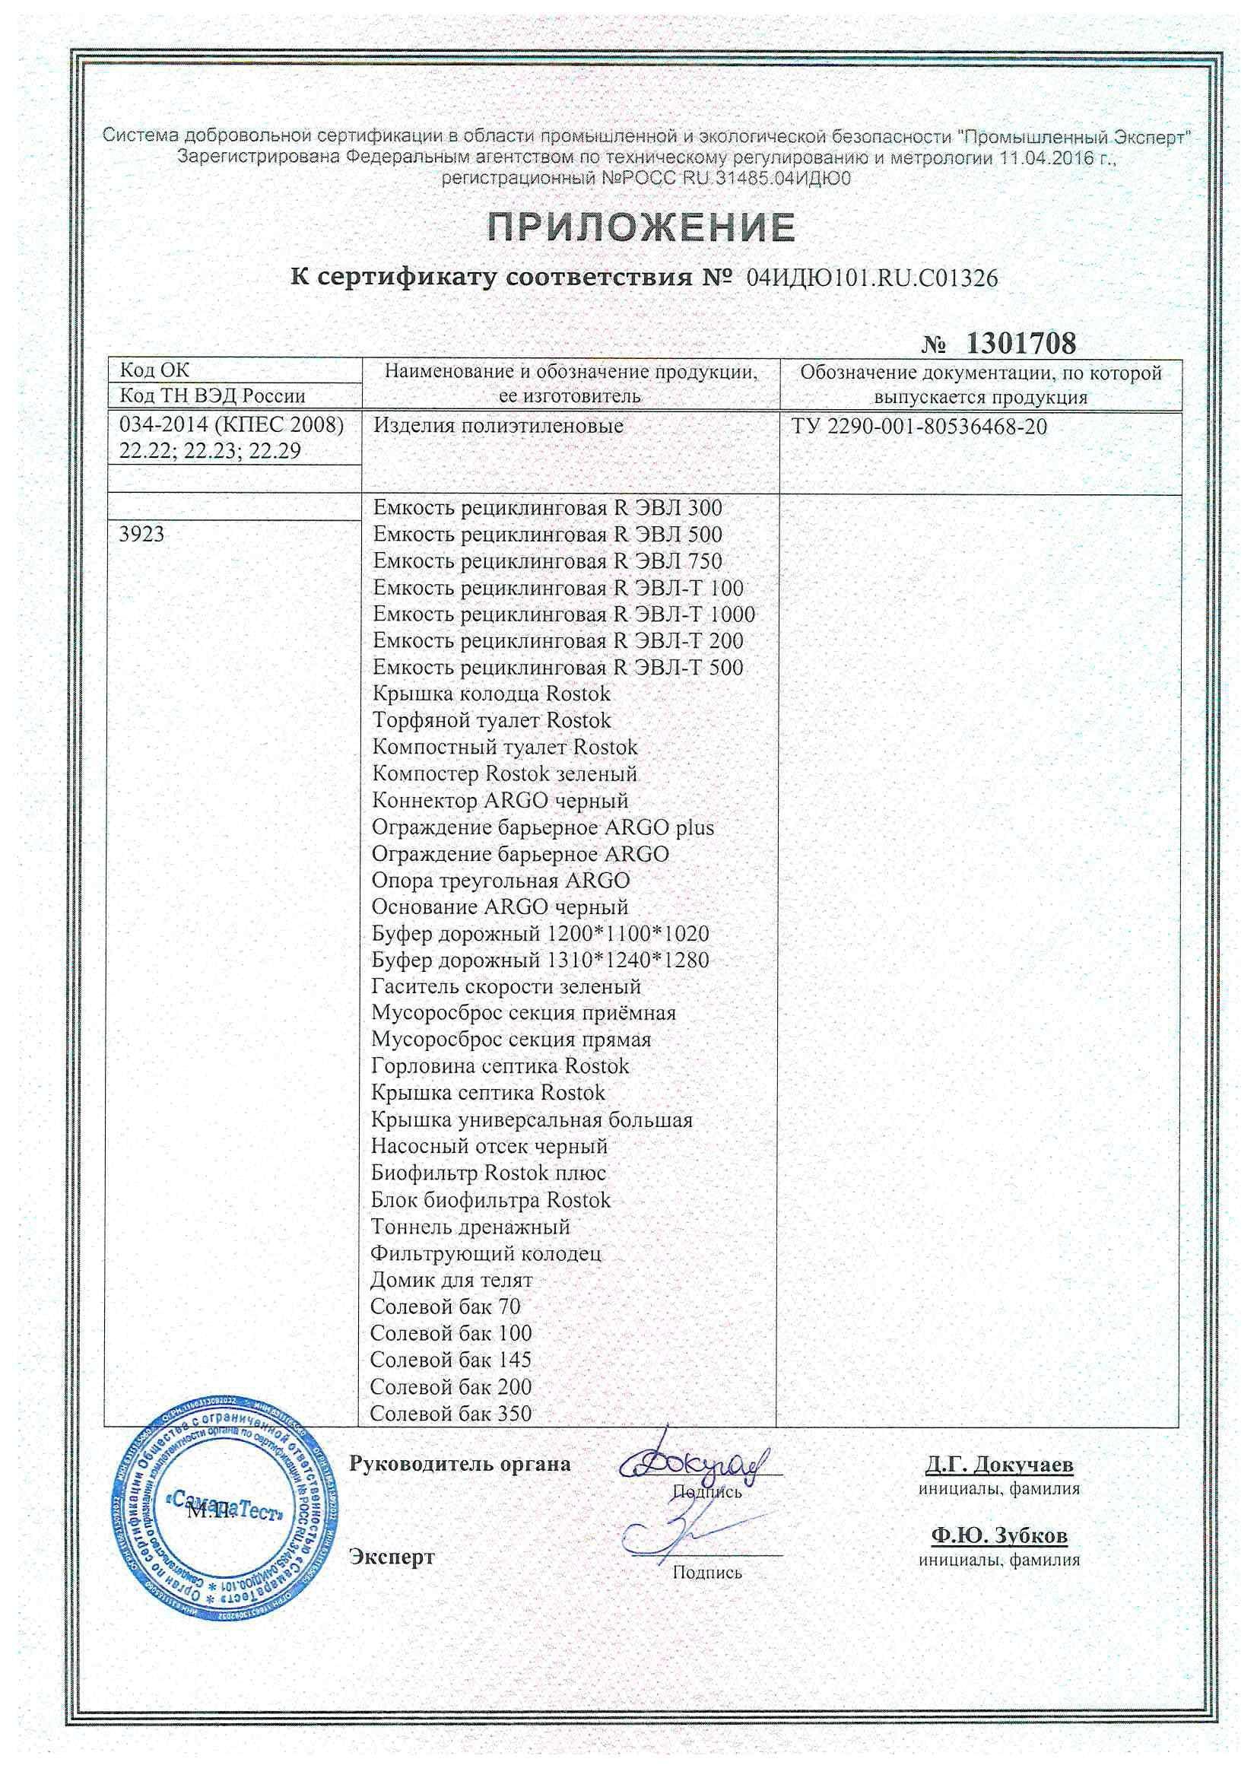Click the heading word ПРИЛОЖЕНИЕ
point(641,227)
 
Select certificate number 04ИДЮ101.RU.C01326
point(871,279)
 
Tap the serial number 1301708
point(1020,343)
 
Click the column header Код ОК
point(154,371)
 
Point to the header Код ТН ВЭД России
point(212,396)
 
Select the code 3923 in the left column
point(142,534)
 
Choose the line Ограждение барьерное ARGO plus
point(542,827)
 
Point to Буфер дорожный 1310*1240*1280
point(540,960)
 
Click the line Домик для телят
point(452,1280)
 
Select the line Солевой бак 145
point(451,1360)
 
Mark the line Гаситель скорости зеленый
point(506,986)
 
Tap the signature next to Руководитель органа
point(692,1462)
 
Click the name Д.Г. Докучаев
point(999,1465)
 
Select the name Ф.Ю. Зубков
point(999,1535)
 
